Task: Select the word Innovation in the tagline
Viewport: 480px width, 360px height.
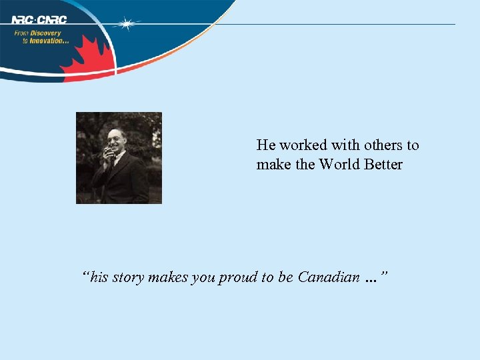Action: point(49,41)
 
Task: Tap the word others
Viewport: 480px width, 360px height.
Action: point(383,145)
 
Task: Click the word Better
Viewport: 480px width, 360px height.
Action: point(383,164)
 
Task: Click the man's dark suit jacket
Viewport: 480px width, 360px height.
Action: point(127,180)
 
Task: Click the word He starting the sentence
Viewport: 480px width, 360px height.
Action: point(265,145)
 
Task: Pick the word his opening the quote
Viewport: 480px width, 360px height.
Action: point(98,277)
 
